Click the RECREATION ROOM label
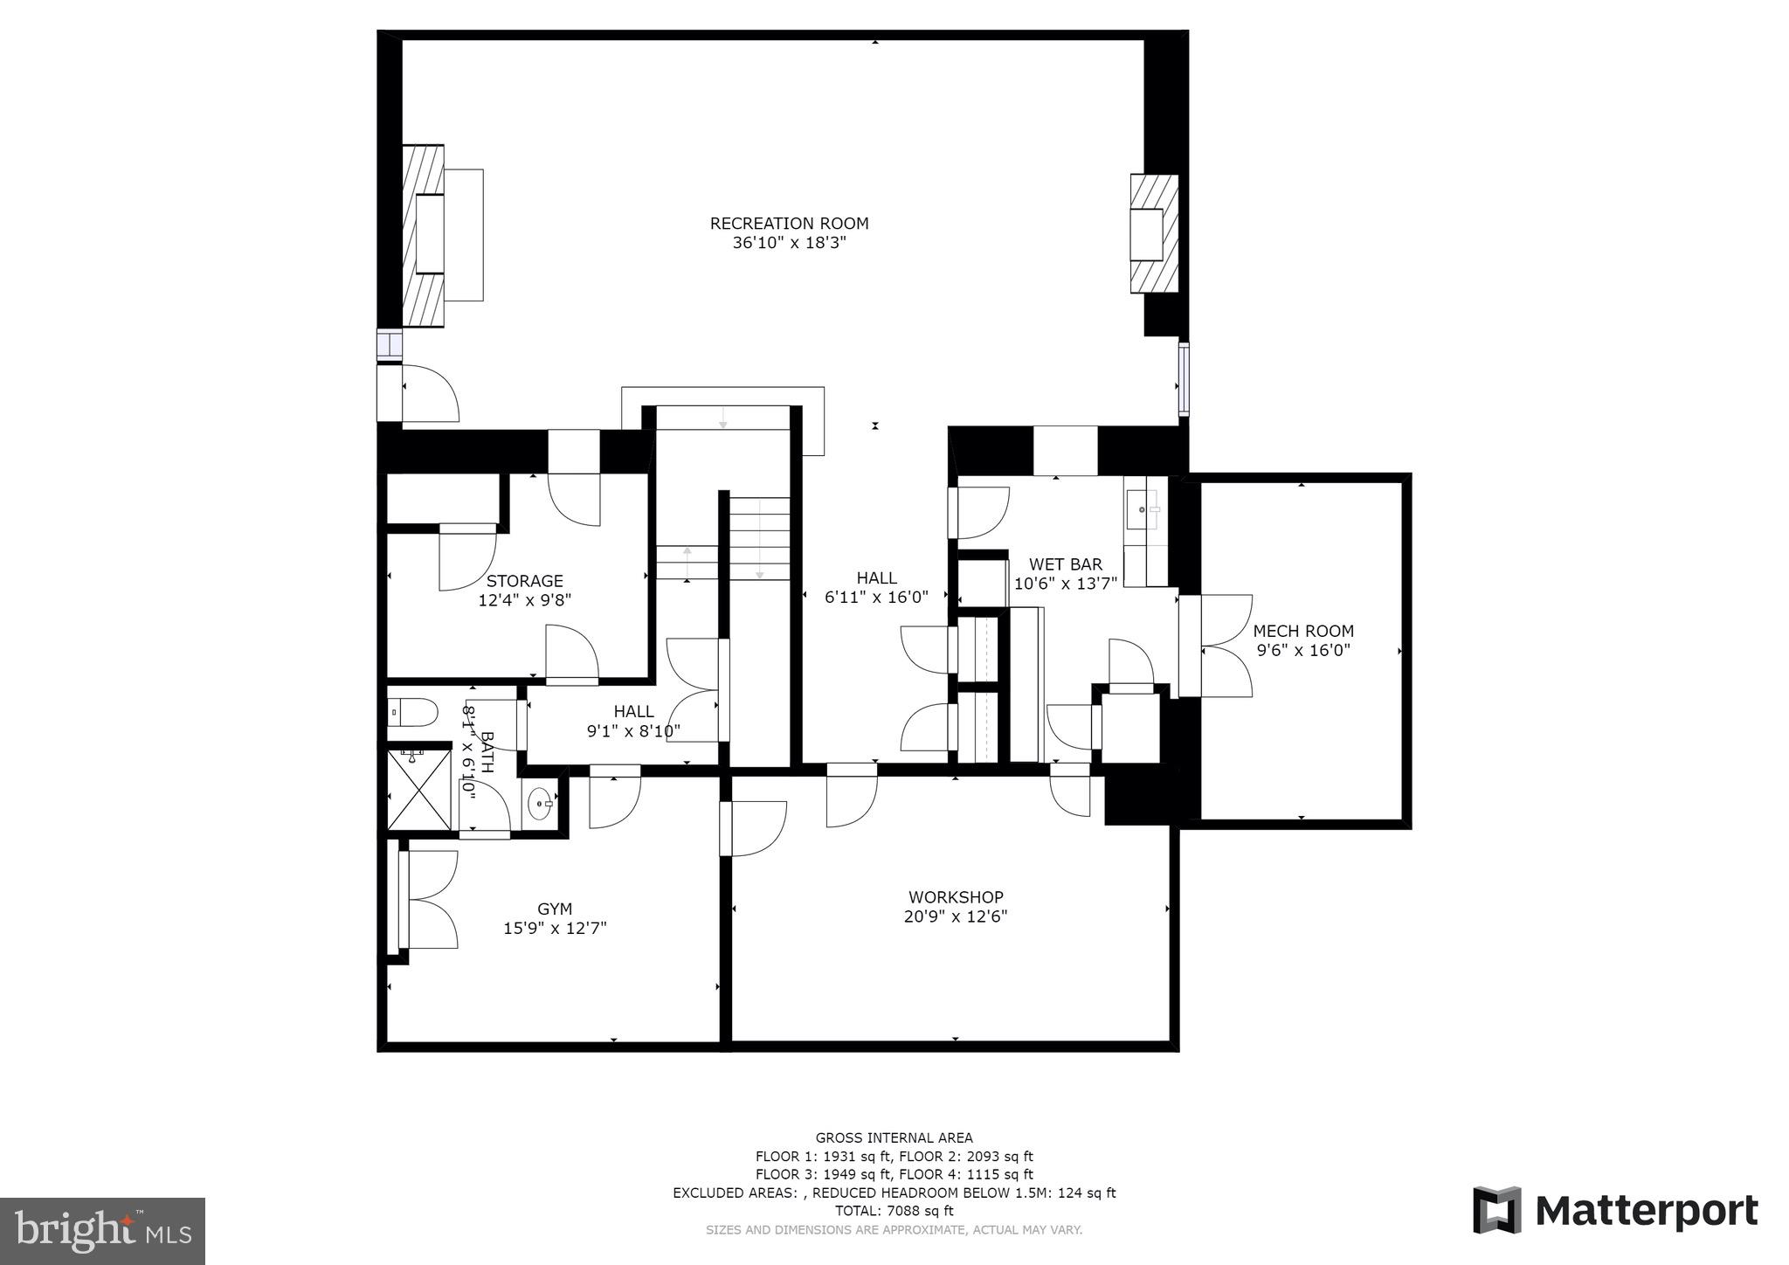789,224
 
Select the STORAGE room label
524,581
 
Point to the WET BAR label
1065,564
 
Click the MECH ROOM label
1303,631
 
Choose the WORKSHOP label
956,897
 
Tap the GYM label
555,909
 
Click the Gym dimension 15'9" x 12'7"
555,929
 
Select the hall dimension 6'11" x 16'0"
876,598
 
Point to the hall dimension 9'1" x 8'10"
633,731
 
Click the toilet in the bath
412,712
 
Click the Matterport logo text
1646,1211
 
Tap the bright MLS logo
102,1231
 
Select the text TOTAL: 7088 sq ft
894,1211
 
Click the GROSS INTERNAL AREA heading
894,1137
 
